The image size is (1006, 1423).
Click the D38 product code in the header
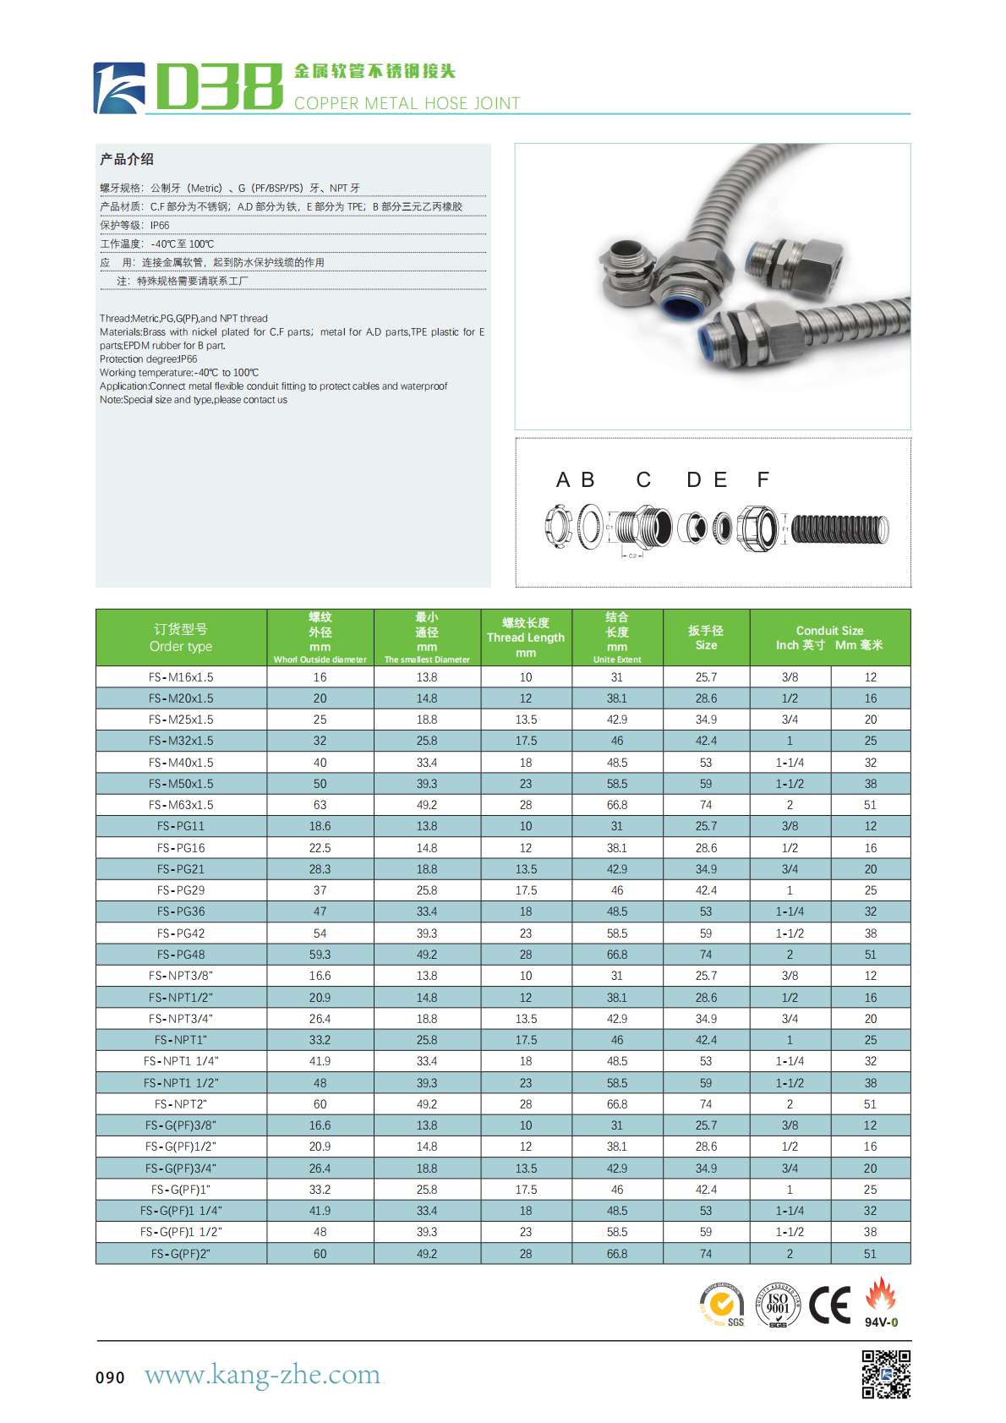[219, 86]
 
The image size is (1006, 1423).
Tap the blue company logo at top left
[118, 88]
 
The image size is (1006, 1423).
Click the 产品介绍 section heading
[127, 159]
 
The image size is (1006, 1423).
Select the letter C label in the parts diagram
[643, 480]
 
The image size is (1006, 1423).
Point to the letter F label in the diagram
[763, 480]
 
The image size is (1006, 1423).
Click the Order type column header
[181, 638]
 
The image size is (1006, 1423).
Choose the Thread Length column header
[526, 638]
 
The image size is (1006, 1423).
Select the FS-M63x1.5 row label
[181, 805]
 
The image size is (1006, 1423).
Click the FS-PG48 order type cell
[181, 955]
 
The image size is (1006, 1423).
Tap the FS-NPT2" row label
[181, 1104]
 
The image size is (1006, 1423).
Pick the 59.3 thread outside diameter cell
[320, 955]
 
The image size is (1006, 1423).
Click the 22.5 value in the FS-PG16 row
[320, 848]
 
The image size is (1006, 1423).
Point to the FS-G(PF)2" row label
[181, 1254]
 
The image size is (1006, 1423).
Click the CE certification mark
[829, 1305]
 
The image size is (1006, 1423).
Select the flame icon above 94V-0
[881, 1295]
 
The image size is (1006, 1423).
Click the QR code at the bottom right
[886, 1374]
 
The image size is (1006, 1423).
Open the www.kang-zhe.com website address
[262, 1375]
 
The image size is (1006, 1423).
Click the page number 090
[110, 1377]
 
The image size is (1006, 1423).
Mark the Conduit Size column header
[829, 638]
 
